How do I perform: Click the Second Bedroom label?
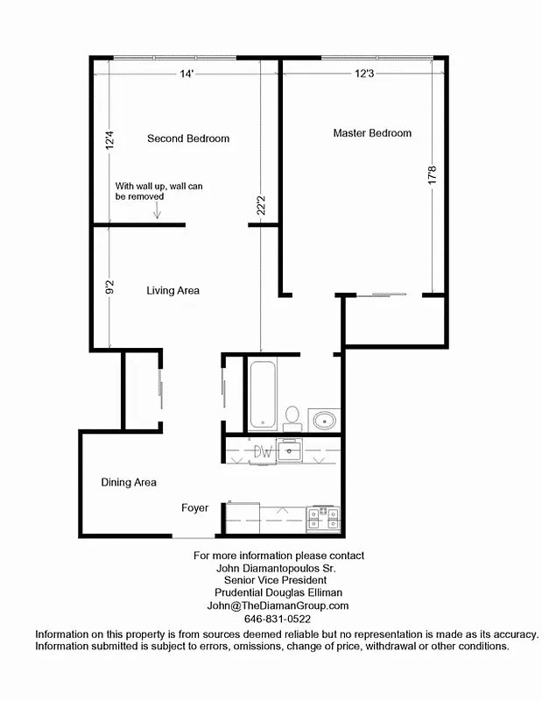coord(188,138)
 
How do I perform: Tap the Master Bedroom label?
coord(372,133)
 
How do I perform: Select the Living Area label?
coord(172,290)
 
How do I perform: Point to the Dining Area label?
coord(129,482)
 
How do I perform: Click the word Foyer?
coord(194,507)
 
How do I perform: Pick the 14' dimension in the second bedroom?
coord(185,74)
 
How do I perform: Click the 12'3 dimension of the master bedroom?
coord(364,74)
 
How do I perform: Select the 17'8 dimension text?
coord(430,175)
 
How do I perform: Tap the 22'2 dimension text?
coord(260,207)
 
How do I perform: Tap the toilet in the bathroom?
coord(292,416)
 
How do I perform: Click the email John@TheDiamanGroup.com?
coord(278,605)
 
